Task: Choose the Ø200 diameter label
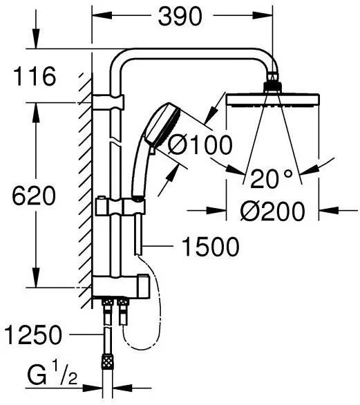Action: click(x=273, y=211)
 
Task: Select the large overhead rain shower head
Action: click(x=272, y=102)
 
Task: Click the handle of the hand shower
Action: click(x=138, y=173)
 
